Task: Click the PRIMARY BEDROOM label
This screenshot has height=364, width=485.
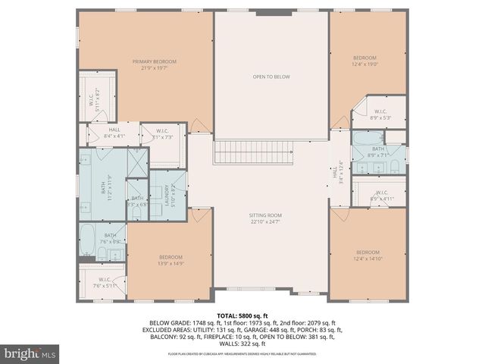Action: point(154,61)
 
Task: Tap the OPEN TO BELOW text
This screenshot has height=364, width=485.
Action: point(271,77)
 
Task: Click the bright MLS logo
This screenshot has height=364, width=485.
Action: point(30,353)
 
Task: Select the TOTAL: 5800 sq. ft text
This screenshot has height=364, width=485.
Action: point(242,315)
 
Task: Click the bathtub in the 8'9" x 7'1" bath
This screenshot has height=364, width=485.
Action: point(367,139)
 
